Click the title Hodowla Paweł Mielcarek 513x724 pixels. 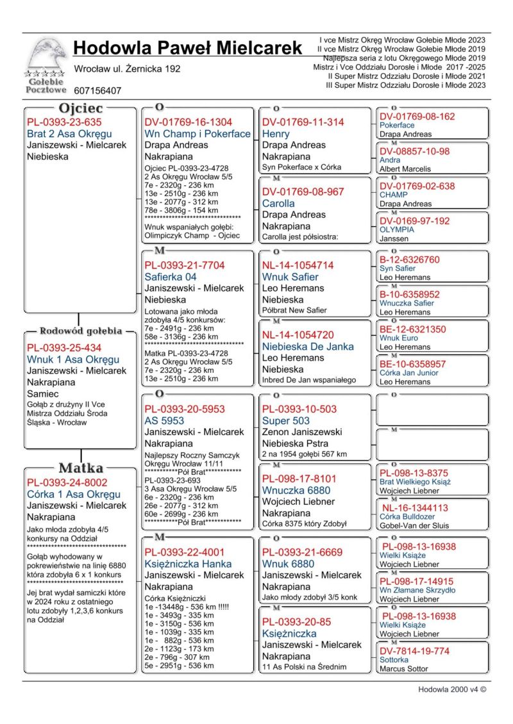click(187, 48)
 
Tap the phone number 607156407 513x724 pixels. click(97, 91)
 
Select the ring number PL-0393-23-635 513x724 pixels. click(64, 122)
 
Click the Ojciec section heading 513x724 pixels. click(81, 108)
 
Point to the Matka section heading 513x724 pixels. click(81, 468)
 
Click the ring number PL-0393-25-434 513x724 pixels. click(64, 348)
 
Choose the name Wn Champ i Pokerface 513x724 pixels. click(198, 134)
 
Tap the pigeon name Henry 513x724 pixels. click(276, 134)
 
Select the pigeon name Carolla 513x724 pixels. click(278, 203)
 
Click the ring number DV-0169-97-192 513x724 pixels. click(414, 221)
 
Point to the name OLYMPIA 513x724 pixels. click(397, 229)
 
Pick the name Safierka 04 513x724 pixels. click(171, 277)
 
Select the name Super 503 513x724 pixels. click(286, 421)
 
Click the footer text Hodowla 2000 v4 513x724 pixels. click(452, 690)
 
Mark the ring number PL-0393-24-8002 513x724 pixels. click(67, 482)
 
